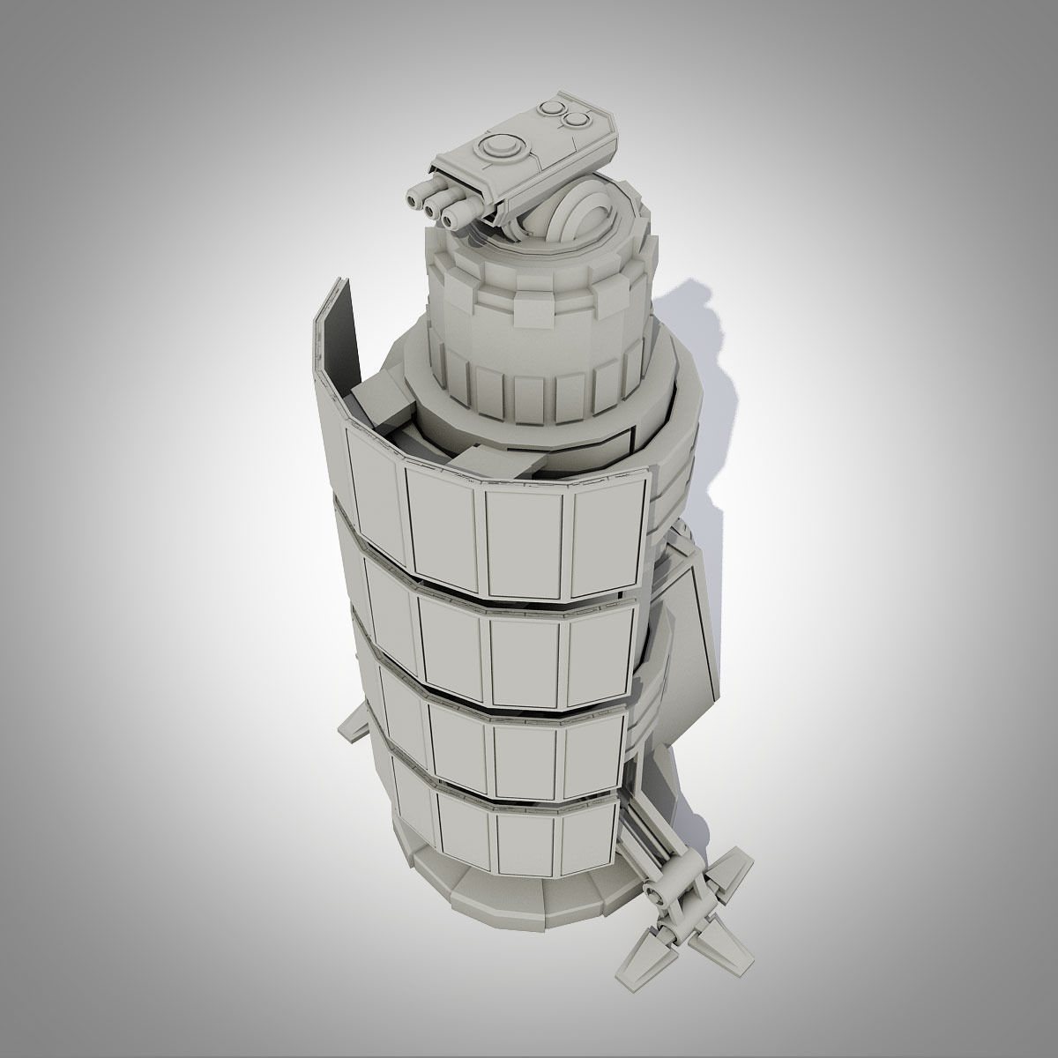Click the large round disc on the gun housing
(502, 145)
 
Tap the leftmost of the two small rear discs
(554, 109)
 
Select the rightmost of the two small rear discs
(577, 119)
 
